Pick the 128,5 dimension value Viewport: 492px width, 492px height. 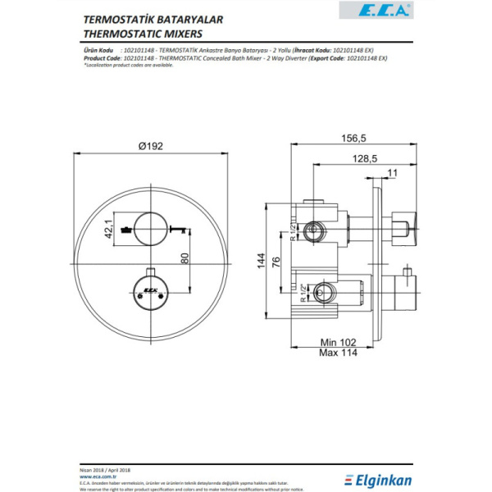(362, 159)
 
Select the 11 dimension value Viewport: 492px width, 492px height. (392, 173)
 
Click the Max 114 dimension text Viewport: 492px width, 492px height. (338, 354)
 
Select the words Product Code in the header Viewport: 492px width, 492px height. (101, 57)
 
